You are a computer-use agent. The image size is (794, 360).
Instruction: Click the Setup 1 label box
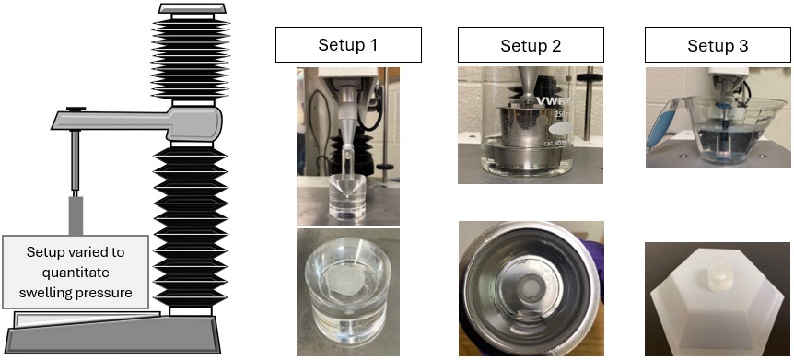348,44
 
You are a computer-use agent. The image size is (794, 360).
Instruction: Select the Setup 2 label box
531,44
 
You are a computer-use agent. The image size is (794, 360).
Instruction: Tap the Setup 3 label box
718,44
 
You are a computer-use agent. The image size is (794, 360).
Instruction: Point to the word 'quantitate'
76,273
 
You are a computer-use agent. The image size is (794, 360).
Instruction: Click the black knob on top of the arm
76,109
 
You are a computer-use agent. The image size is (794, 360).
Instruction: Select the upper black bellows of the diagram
191,59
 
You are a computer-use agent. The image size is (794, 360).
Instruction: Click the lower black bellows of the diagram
190,226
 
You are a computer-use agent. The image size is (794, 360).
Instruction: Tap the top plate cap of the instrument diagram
192,8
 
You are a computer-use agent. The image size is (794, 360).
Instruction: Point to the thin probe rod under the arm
75,162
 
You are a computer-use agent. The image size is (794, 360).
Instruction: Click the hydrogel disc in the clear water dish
344,277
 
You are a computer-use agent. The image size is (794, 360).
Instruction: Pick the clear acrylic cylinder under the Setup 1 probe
348,196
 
